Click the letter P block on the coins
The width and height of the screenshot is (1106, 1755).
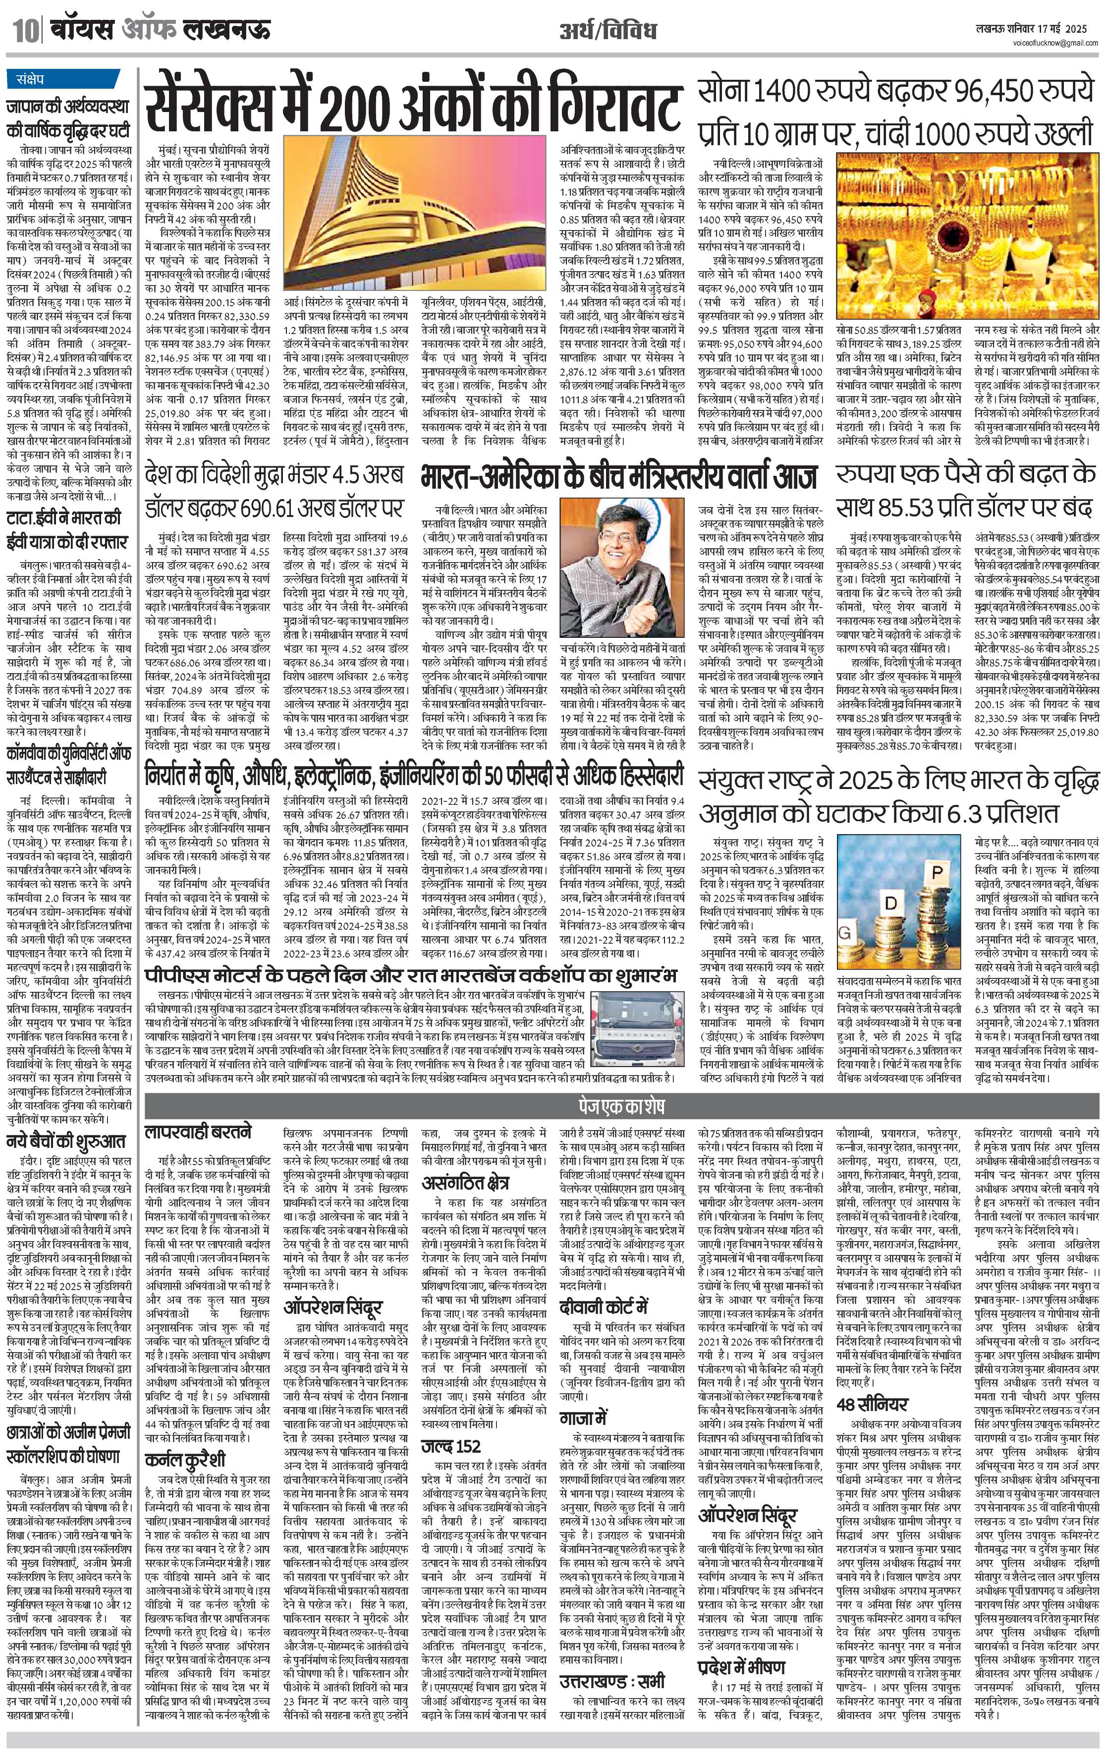[x=938, y=873]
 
